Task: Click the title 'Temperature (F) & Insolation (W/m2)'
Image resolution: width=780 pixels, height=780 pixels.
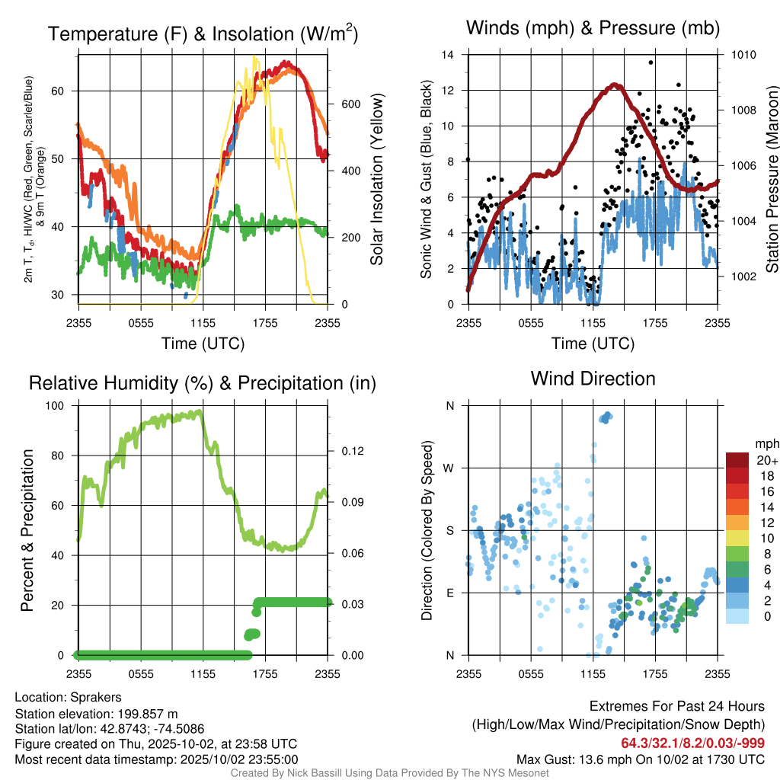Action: tap(203, 34)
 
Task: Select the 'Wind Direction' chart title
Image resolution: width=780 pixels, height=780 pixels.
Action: tap(593, 379)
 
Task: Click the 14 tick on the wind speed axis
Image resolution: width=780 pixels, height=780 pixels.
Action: tap(448, 55)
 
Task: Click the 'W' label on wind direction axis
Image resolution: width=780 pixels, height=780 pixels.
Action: tap(449, 468)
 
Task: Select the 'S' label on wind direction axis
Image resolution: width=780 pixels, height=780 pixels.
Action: tap(449, 530)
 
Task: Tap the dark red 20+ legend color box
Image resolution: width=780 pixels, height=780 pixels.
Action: tap(739, 460)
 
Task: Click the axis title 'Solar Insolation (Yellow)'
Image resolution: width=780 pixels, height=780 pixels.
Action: tap(376, 180)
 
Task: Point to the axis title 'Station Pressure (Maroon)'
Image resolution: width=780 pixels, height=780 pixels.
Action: tap(771, 180)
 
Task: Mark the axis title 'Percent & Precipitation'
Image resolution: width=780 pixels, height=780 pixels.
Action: tap(27, 530)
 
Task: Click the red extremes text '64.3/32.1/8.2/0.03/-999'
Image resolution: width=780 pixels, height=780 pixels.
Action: tap(693, 743)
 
